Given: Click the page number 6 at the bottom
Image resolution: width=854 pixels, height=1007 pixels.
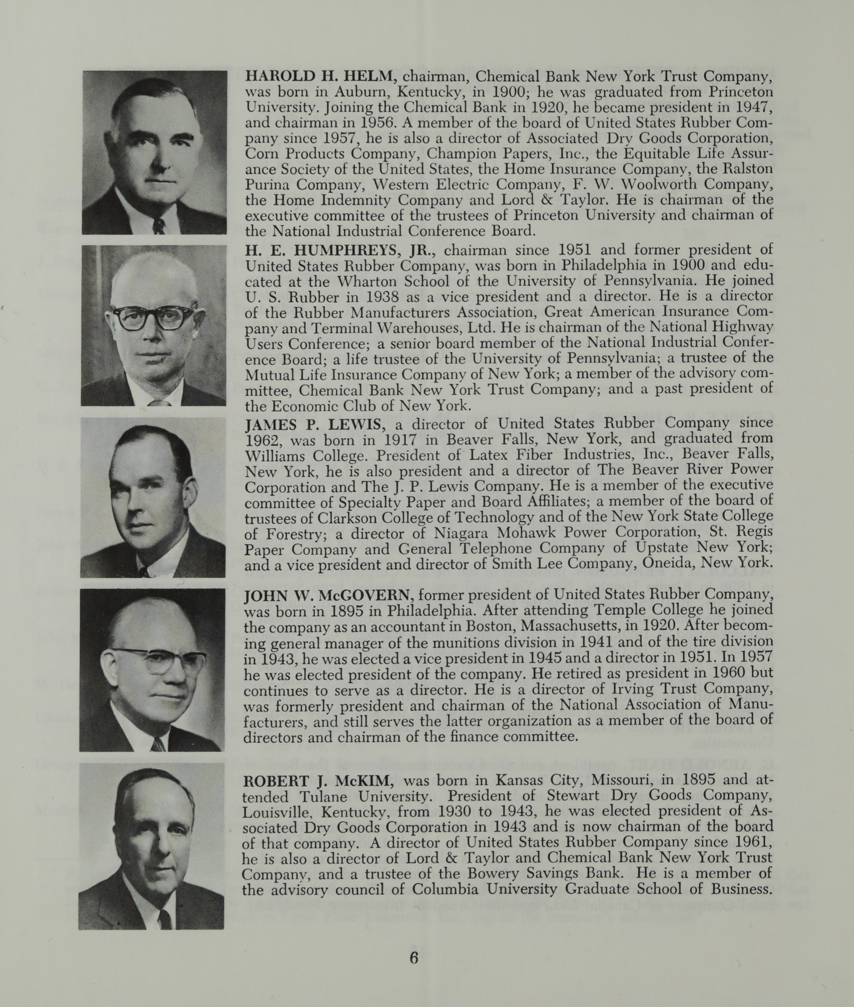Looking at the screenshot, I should pos(413,957).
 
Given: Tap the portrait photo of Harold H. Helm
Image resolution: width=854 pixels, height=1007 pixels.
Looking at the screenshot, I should pos(154,152).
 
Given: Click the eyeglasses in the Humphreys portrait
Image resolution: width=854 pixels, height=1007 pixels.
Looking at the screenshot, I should pos(154,317).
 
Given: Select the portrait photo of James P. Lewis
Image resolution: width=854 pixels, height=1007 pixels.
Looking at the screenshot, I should pos(153,497).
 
